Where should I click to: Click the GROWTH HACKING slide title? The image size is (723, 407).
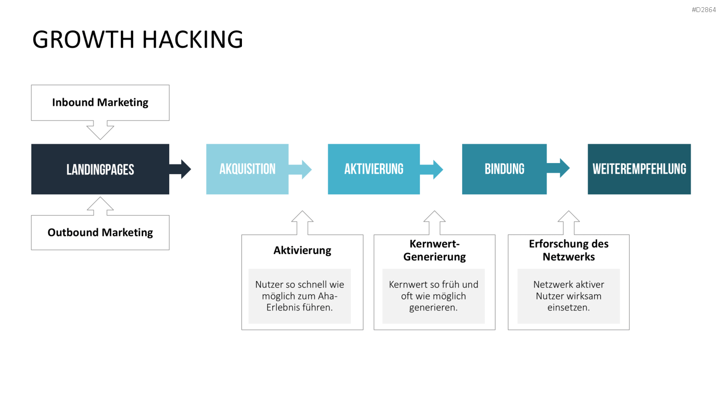click(x=137, y=40)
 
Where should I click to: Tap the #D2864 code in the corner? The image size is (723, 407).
click(x=704, y=10)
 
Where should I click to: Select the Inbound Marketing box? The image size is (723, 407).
click(x=100, y=103)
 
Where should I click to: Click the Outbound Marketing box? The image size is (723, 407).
click(x=100, y=232)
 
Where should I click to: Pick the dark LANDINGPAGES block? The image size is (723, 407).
click(x=100, y=169)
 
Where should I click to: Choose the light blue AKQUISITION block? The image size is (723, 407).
click(x=247, y=169)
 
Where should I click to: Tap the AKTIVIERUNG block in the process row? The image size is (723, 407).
click(x=374, y=169)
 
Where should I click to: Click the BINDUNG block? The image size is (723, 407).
click(x=505, y=169)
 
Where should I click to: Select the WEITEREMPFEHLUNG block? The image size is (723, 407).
click(x=639, y=169)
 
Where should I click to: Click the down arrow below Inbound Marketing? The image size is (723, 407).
click(x=100, y=130)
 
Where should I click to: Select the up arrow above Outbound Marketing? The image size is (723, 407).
click(x=100, y=206)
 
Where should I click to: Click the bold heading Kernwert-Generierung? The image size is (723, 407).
click(x=434, y=250)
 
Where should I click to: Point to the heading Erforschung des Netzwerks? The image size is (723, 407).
click(x=569, y=250)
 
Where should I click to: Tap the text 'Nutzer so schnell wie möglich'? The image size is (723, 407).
click(x=299, y=290)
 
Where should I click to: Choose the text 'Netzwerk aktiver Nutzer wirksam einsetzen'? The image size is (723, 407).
click(x=569, y=296)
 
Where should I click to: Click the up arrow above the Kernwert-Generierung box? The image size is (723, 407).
click(x=434, y=223)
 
